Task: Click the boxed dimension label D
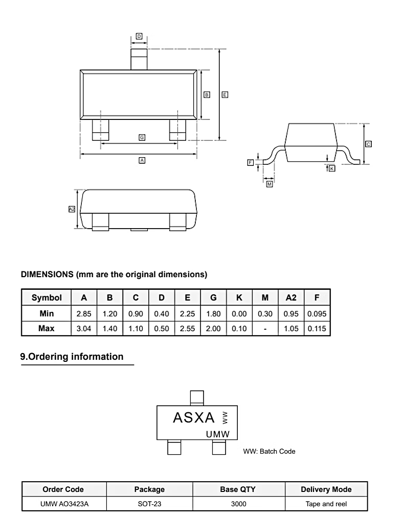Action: pyautogui.click(x=139, y=36)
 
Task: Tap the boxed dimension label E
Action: pyautogui.click(x=225, y=94)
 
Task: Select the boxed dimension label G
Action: pyautogui.click(x=142, y=137)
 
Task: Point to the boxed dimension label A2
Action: pyautogui.click(x=72, y=209)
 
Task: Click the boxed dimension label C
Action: pyautogui.click(x=369, y=144)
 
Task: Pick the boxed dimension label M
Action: pyautogui.click(x=270, y=184)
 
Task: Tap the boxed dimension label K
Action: pyautogui.click(x=332, y=168)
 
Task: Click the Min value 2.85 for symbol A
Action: pyautogui.click(x=84, y=314)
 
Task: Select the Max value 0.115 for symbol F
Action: pyautogui.click(x=317, y=329)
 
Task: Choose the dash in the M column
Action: pyautogui.click(x=265, y=329)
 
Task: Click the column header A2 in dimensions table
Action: pyautogui.click(x=290, y=298)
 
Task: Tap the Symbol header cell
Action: pyautogui.click(x=47, y=298)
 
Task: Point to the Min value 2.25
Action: pyautogui.click(x=187, y=314)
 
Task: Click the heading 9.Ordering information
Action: pyautogui.click(x=72, y=357)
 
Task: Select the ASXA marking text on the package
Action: pyautogui.click(x=194, y=418)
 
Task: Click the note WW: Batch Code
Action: pyautogui.click(x=270, y=451)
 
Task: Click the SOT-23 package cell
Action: pyautogui.click(x=149, y=504)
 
